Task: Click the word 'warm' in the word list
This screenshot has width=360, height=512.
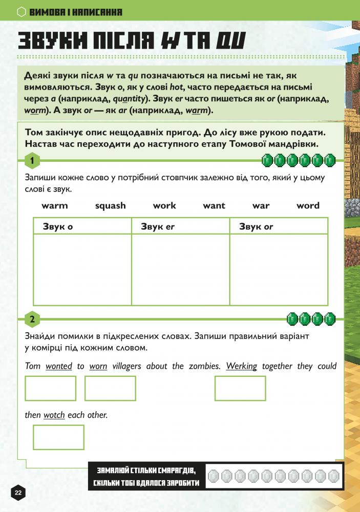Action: pos(55,206)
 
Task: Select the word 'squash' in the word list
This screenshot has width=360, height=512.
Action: pos(110,206)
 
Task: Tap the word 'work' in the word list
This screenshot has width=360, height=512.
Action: pos(164,206)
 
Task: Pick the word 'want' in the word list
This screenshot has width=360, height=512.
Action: pos(214,206)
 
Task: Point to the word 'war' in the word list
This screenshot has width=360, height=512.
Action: pos(261,206)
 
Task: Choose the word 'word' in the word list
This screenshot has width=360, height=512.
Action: pos(308,206)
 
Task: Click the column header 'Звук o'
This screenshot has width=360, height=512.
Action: pos(58,226)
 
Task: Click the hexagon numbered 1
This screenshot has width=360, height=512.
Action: pos(32,161)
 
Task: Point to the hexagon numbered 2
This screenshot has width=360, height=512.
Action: pos(32,320)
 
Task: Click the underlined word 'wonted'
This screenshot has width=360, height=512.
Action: pos(59,367)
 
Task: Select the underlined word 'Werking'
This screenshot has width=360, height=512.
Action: pos(241,367)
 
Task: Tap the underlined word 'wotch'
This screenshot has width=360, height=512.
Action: pos(54,415)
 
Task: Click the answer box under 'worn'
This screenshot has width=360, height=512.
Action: pos(110,388)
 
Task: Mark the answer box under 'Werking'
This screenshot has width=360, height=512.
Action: pos(240,388)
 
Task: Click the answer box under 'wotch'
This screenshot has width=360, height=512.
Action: pos(58,437)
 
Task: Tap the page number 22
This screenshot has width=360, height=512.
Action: pos(18,493)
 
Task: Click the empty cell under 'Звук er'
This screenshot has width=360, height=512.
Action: pos(180,269)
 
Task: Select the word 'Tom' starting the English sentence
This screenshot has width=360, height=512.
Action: pos(32,367)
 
